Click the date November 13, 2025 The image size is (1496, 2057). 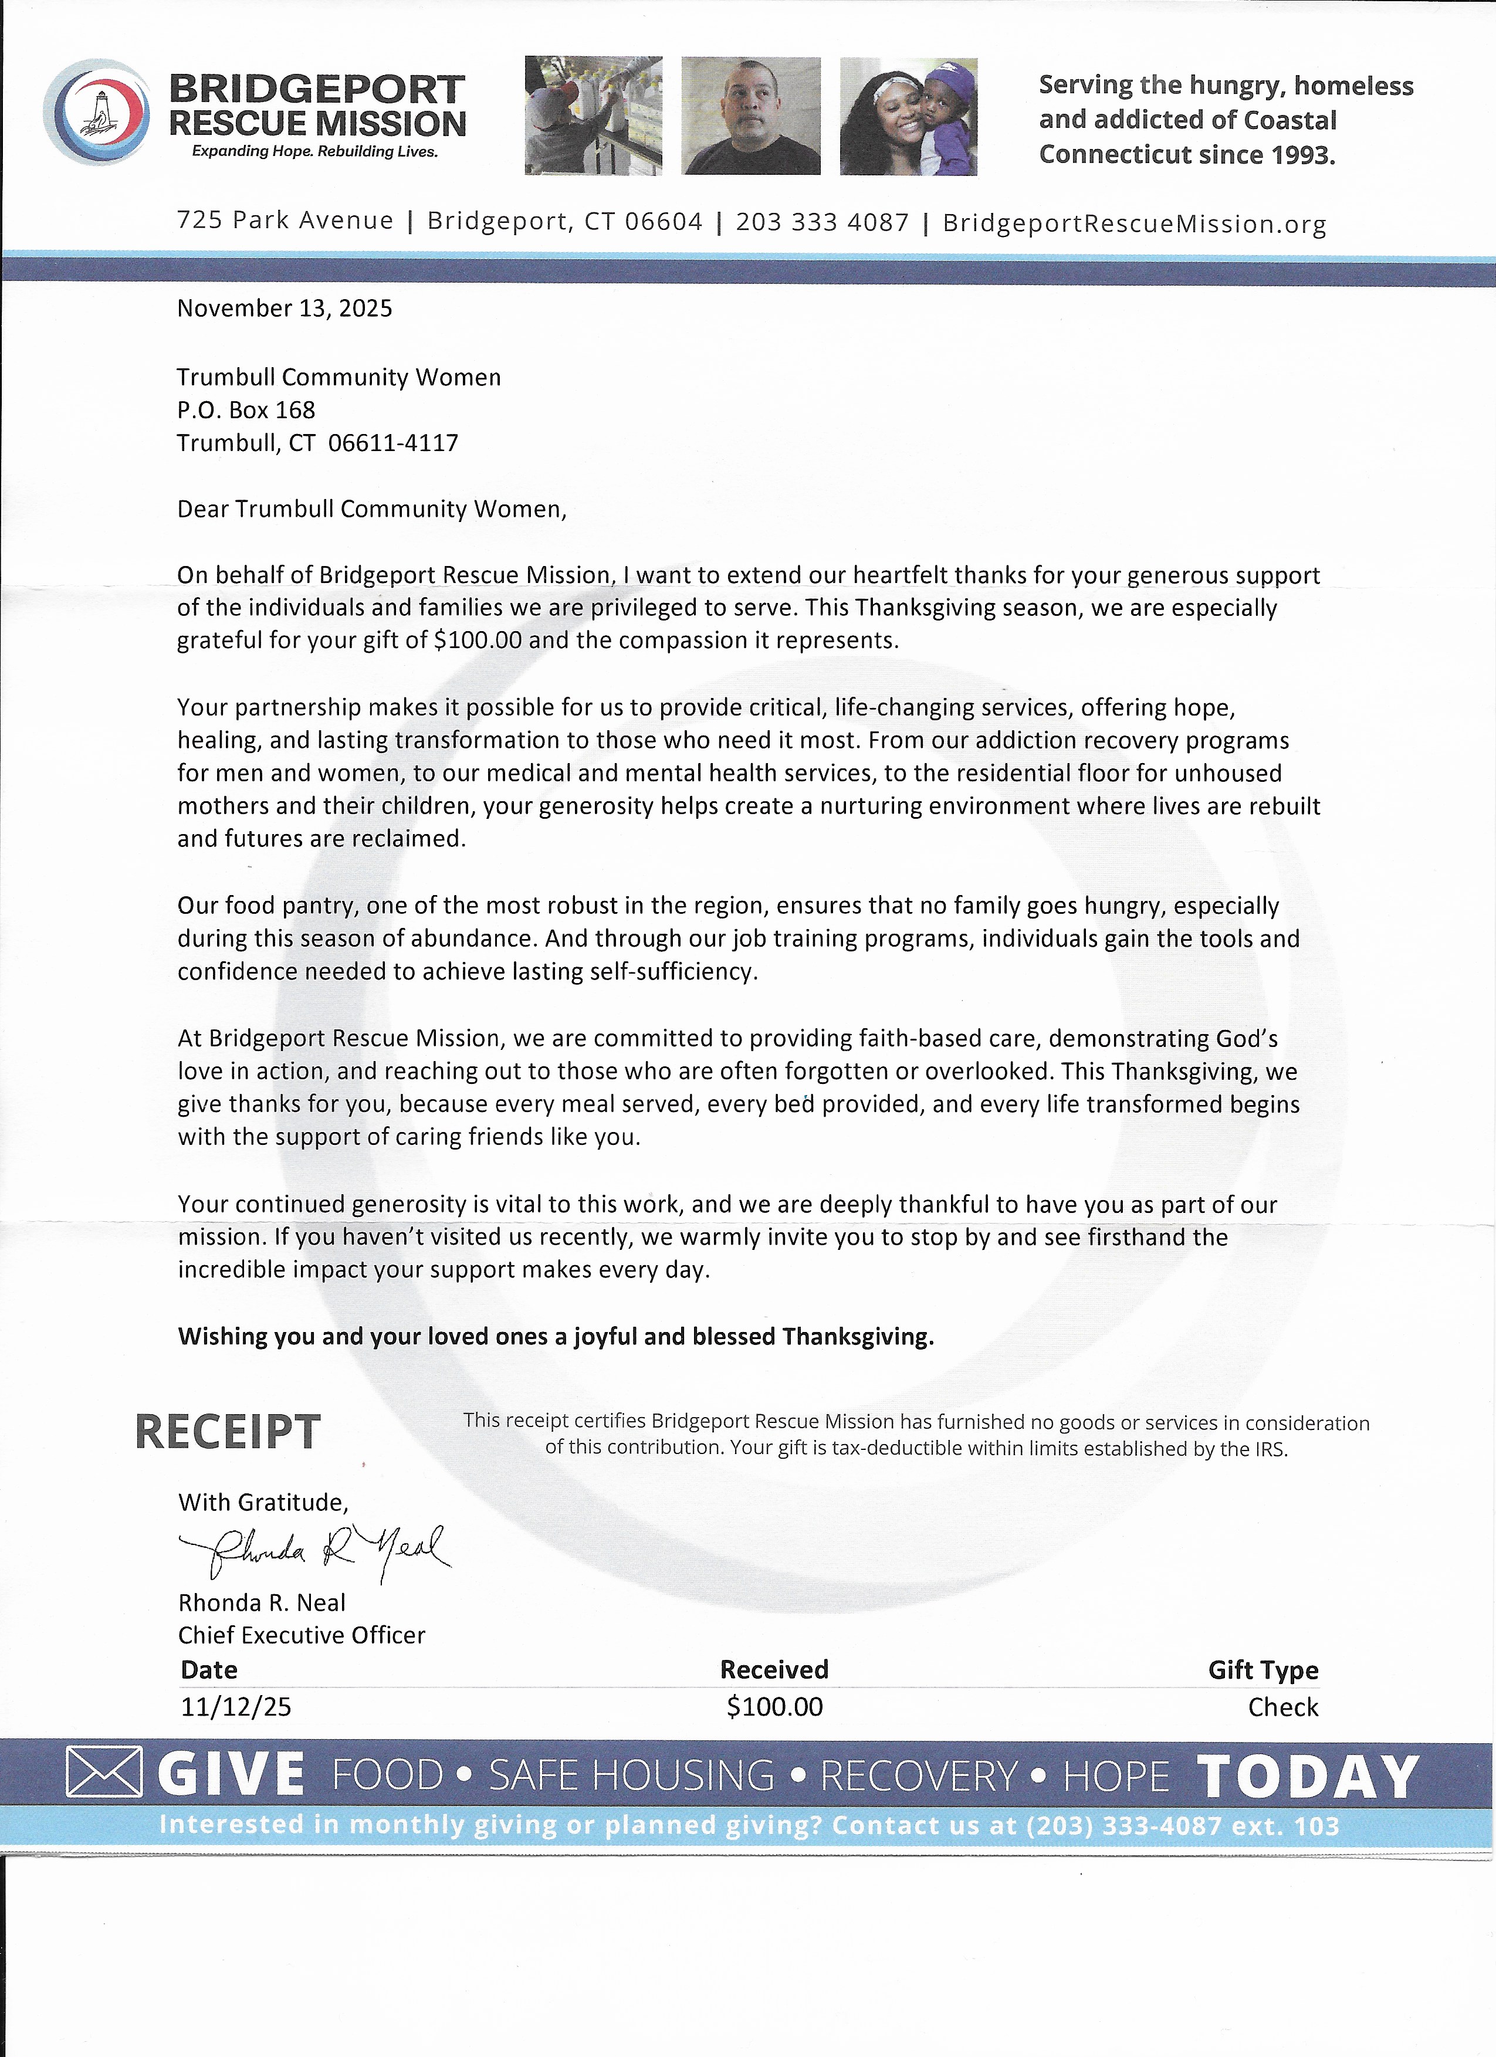284,309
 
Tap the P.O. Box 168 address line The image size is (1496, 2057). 246,410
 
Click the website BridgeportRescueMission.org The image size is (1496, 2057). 1134,223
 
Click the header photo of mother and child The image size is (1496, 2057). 908,116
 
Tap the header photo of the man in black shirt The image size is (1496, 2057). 750,116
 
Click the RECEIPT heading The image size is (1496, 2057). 227,1432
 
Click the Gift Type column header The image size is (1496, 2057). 1263,1670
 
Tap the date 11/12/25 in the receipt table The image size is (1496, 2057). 236,1707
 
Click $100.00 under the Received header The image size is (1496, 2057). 774,1707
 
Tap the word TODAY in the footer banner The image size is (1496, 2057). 1307,1777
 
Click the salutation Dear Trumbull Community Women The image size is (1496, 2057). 371,509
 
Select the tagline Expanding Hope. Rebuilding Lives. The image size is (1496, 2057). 315,151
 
